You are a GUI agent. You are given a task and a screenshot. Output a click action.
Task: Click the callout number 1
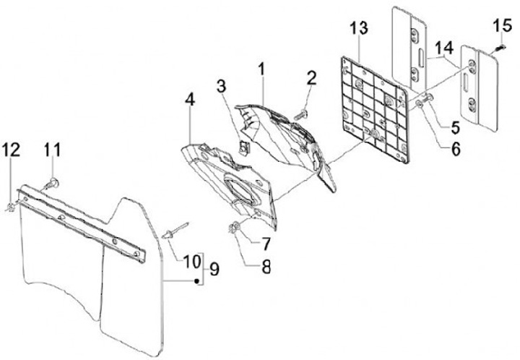click(x=261, y=72)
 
